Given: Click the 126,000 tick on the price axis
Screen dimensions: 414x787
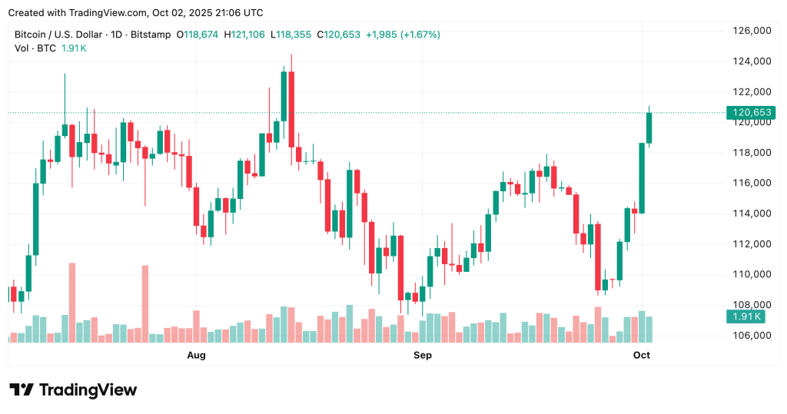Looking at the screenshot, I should pyautogui.click(x=752, y=31).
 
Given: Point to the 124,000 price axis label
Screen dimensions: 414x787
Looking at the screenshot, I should pyautogui.click(x=752, y=61).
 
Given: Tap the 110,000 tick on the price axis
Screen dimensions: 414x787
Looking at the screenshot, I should pyautogui.click(x=752, y=274).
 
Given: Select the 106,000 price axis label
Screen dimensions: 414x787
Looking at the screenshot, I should pyautogui.click(x=752, y=336).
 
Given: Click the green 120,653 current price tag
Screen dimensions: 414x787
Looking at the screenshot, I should pyautogui.click(x=752, y=113).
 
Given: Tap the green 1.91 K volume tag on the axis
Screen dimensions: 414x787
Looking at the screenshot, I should pyautogui.click(x=747, y=316).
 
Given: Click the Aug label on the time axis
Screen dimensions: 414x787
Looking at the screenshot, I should pyautogui.click(x=197, y=355).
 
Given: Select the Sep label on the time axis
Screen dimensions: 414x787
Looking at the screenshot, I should pyautogui.click(x=422, y=355).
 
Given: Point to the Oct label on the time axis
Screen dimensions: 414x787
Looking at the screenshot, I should pyautogui.click(x=642, y=355).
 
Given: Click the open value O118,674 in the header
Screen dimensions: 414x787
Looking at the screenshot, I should pyautogui.click(x=197, y=35).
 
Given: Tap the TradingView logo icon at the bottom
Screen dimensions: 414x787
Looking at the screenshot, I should pyautogui.click(x=22, y=390).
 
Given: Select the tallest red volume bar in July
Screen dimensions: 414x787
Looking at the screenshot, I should pyautogui.click(x=72, y=303).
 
